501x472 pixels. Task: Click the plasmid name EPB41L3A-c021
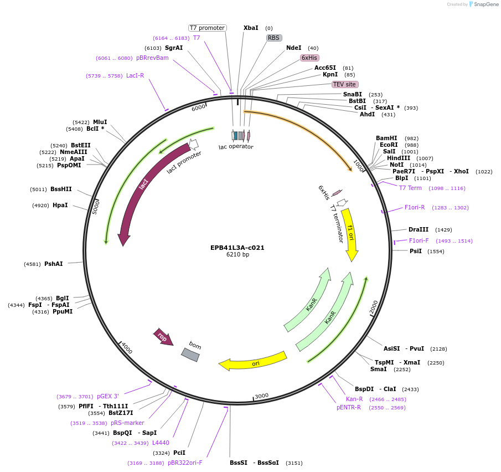(237, 248)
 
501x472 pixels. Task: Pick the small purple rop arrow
(163, 337)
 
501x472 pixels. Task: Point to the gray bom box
(190, 355)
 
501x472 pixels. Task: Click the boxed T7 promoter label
(207, 28)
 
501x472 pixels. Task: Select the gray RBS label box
(273, 38)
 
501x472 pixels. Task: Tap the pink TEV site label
(344, 84)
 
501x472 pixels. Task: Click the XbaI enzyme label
(251, 28)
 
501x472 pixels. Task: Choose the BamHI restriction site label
(386, 138)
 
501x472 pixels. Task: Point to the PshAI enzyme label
(54, 264)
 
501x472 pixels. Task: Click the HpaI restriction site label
(60, 205)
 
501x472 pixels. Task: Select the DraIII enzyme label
(419, 229)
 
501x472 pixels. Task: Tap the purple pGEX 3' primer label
(108, 396)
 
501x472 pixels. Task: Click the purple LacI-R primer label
(135, 75)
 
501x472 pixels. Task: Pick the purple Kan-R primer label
(354, 399)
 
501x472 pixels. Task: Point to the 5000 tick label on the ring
(96, 208)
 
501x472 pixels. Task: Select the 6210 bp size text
(237, 255)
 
